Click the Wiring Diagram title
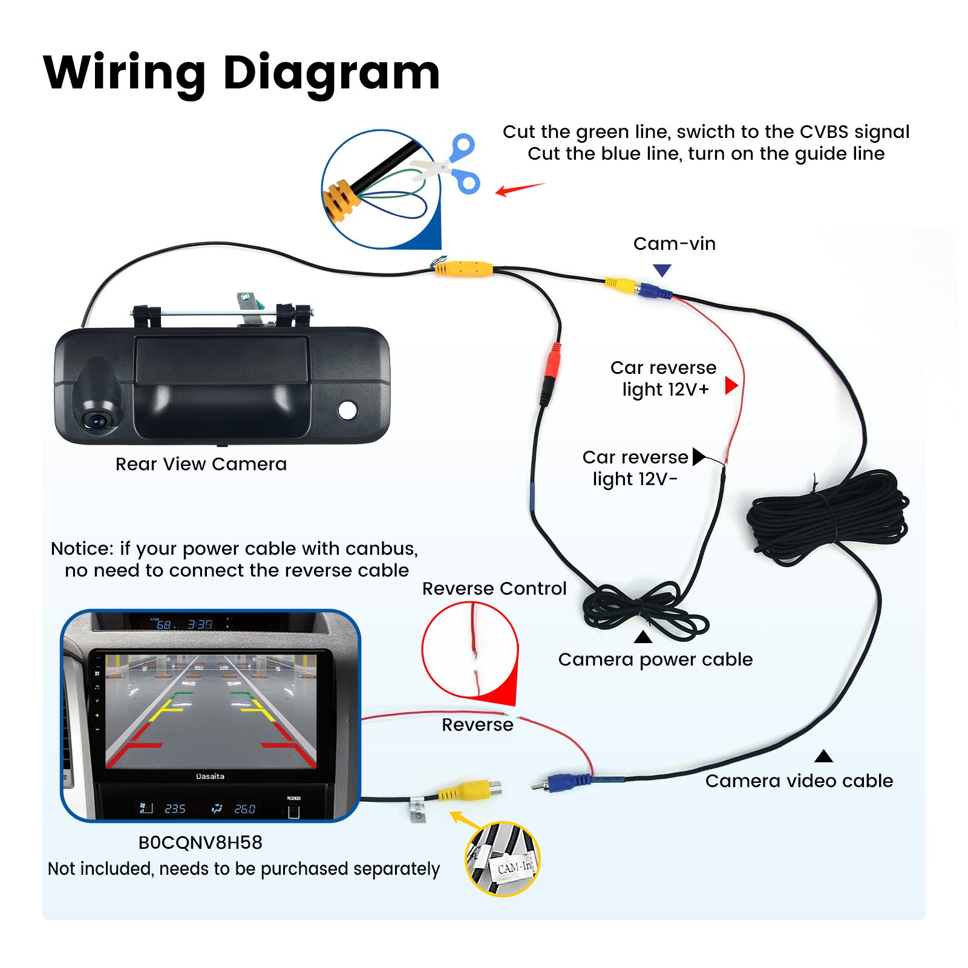point(241,73)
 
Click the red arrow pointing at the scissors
point(519,189)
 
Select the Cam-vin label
point(674,244)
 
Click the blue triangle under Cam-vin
point(662,270)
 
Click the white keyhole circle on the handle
point(347,410)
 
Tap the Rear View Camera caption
point(201,464)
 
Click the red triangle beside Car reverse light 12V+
point(731,385)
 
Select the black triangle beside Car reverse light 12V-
point(698,456)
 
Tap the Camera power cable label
point(655,659)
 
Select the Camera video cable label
point(799,781)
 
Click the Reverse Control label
point(494,589)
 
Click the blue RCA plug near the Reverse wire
point(566,781)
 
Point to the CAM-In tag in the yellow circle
point(514,867)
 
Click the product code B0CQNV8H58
point(200,843)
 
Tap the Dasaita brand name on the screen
point(210,776)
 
